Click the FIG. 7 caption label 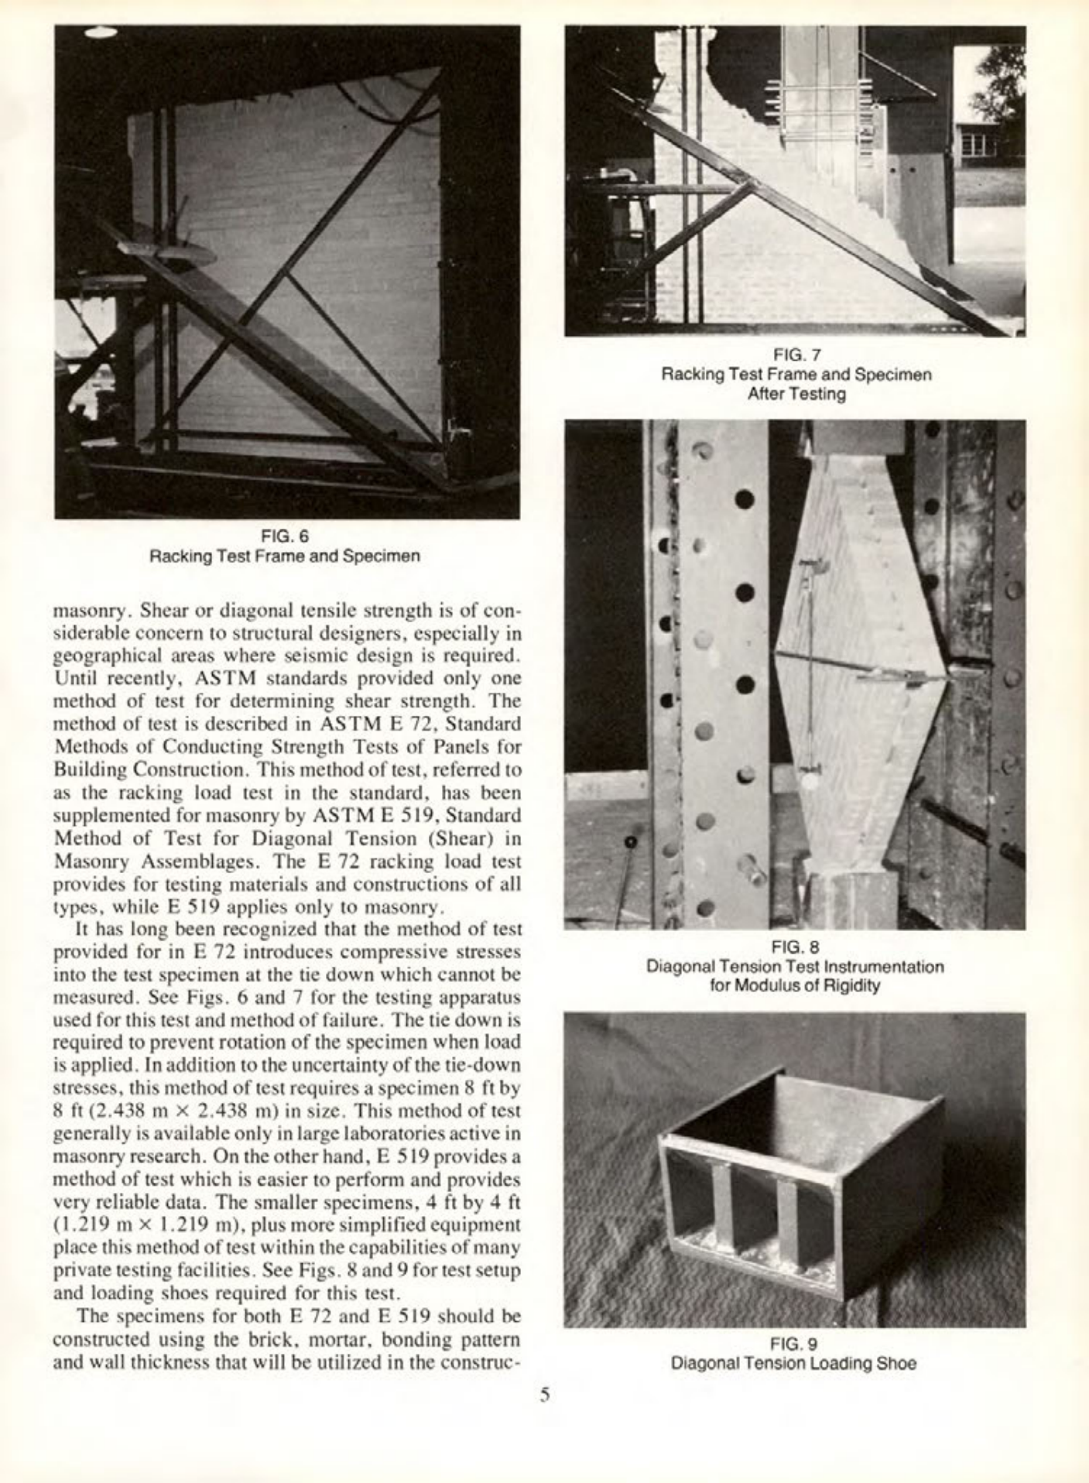tap(796, 355)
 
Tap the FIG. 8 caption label tap(795, 947)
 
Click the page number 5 tap(545, 1395)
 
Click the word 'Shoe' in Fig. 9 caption tap(898, 1363)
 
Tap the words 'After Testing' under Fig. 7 tap(796, 394)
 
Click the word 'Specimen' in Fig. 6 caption tap(388, 556)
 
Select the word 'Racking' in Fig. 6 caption tap(175, 556)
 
